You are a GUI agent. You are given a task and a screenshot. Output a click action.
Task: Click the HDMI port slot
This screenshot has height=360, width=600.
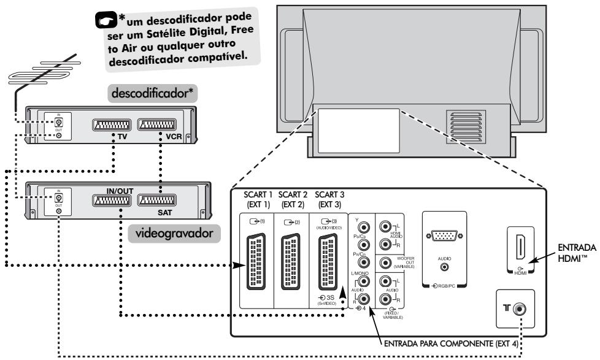(520, 248)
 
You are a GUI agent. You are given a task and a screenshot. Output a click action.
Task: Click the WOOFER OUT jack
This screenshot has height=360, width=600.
(386, 264)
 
